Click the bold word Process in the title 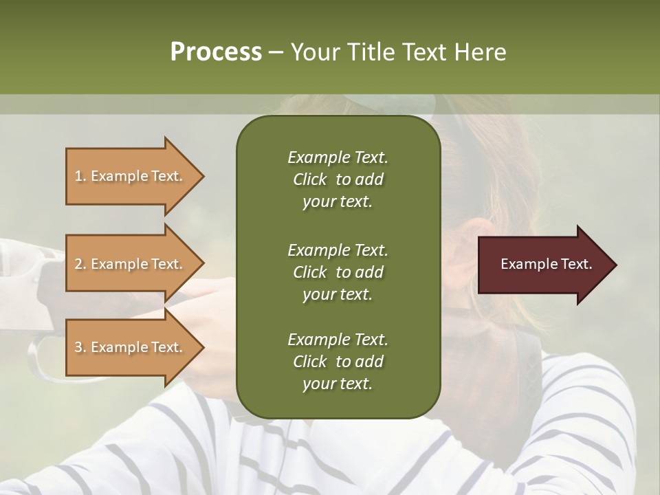click(x=216, y=52)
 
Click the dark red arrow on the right click(x=543, y=264)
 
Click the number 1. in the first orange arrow click(x=80, y=176)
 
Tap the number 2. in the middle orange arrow click(x=80, y=264)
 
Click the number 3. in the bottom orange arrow click(x=80, y=347)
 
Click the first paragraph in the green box click(x=338, y=179)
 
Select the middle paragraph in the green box click(x=338, y=272)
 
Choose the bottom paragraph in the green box click(x=338, y=362)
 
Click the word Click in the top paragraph click(x=310, y=179)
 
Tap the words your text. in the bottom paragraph click(x=337, y=384)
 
